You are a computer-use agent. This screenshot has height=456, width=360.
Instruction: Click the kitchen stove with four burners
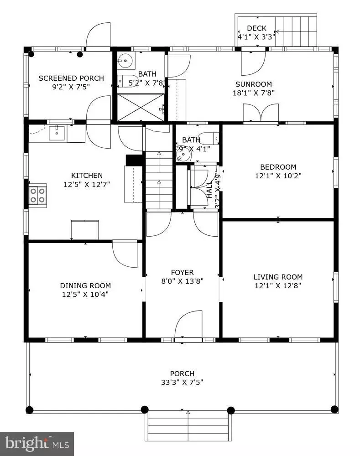pos(37,195)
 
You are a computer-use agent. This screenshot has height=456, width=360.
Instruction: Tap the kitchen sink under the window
pos(58,133)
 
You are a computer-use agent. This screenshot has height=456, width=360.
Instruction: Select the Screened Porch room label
pos(71,78)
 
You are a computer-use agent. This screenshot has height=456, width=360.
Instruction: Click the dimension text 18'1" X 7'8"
pos(254,93)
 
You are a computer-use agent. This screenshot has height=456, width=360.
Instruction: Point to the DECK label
pos(256,28)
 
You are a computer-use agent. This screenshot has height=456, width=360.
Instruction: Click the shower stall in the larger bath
pos(141,107)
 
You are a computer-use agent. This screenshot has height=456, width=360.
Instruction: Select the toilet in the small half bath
pos(211,138)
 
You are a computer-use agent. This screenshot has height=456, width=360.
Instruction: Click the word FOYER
pos(183,272)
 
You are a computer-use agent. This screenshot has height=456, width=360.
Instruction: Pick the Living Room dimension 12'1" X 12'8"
pos(278,285)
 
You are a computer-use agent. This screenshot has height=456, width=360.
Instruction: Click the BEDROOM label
pos(278,167)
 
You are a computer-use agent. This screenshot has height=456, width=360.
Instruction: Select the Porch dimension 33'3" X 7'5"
pos(183,382)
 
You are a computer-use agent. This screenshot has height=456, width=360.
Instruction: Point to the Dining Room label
pos(85,285)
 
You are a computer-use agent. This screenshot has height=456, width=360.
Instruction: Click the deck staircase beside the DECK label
pos(297,31)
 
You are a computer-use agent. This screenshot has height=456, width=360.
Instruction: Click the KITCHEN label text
pos(87,175)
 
